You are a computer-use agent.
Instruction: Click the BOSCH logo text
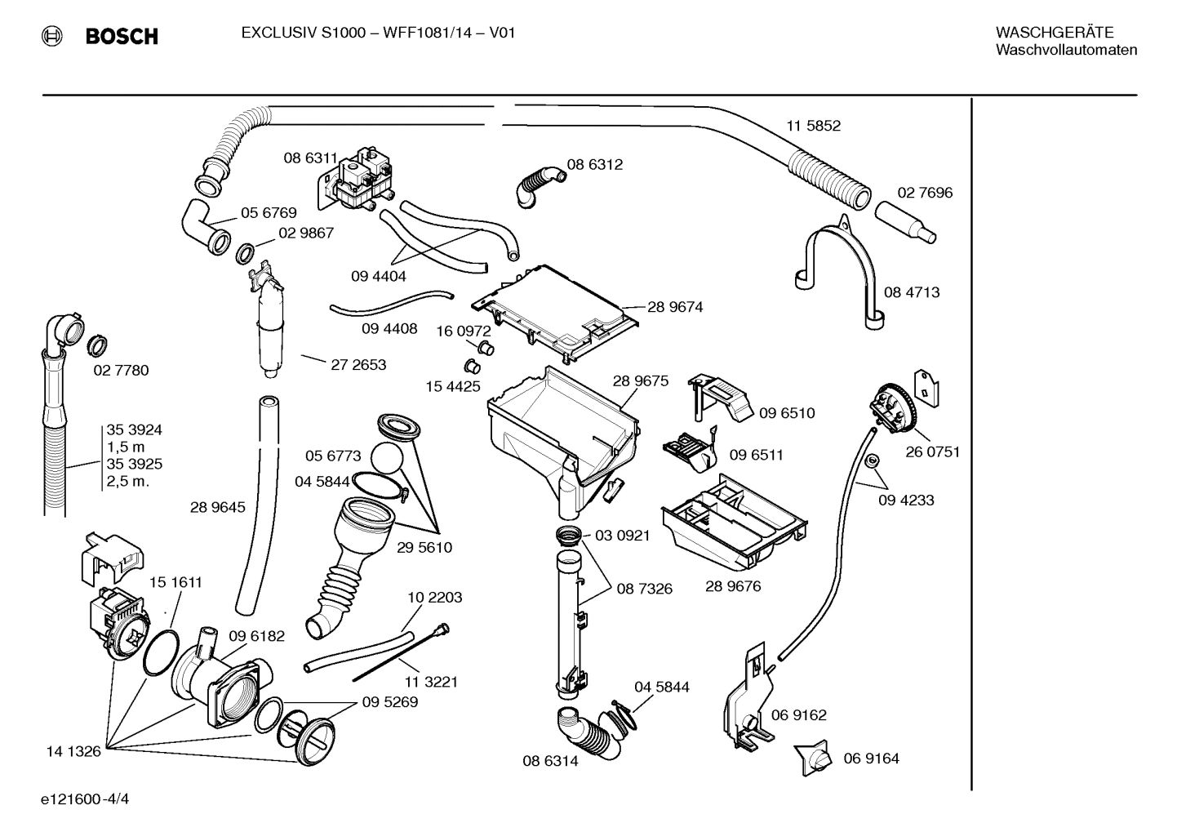pyautogui.click(x=121, y=36)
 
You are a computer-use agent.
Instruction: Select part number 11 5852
pyautogui.click(x=813, y=126)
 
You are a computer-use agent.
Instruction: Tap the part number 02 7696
pyautogui.click(x=925, y=193)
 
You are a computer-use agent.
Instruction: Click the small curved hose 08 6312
pyautogui.click(x=537, y=185)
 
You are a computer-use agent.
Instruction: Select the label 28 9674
pyautogui.click(x=675, y=307)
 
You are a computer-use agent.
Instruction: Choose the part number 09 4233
pyautogui.click(x=906, y=500)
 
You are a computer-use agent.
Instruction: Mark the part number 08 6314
pyautogui.click(x=550, y=761)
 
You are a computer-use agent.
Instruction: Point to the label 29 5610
pyautogui.click(x=424, y=547)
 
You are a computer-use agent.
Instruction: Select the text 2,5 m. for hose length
pyautogui.click(x=128, y=481)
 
